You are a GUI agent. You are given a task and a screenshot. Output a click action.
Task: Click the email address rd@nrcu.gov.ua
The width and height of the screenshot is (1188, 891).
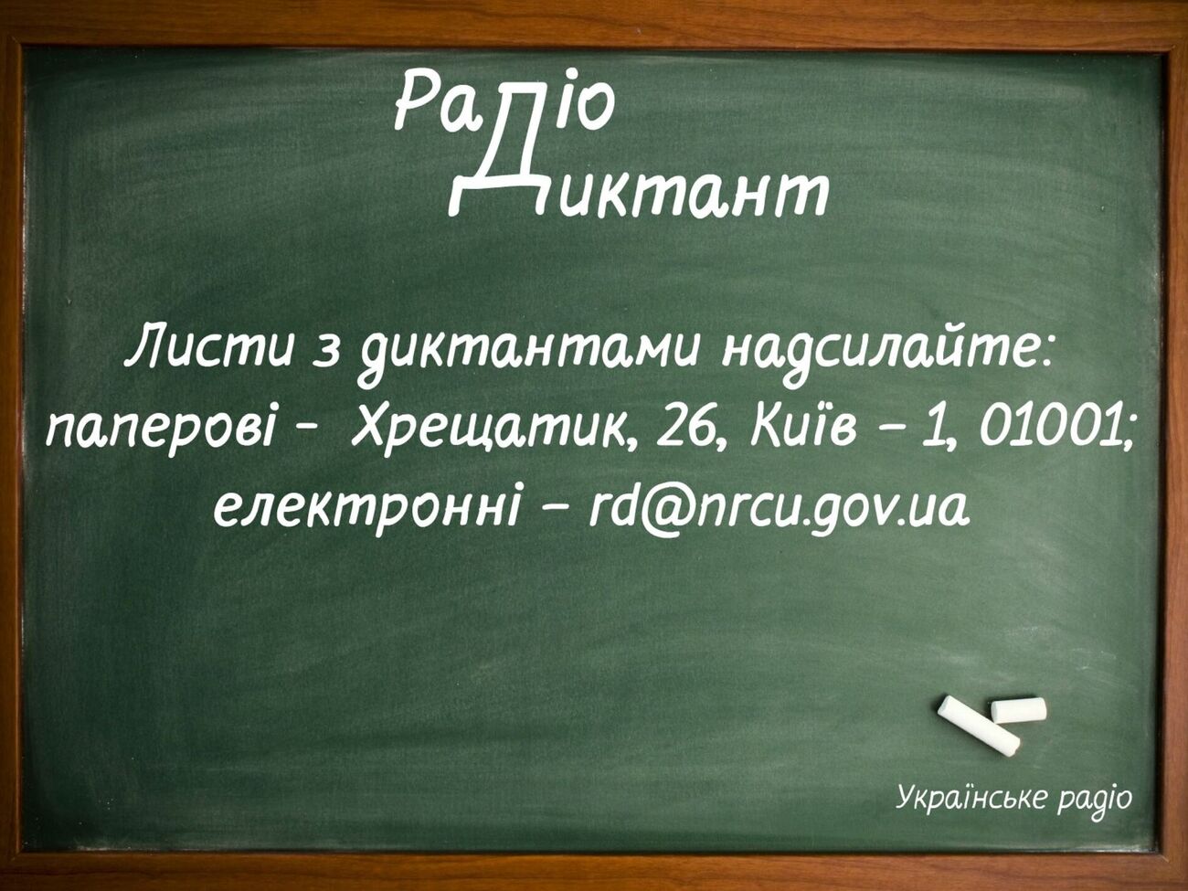[778, 507]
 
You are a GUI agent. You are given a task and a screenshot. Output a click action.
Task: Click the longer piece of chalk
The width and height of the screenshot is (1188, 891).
[979, 726]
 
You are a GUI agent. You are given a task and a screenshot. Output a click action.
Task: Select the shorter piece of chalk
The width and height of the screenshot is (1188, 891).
[1018, 709]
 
